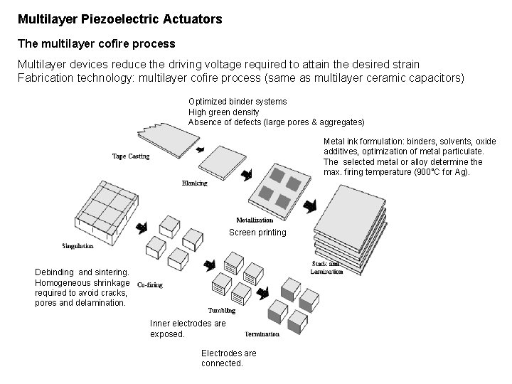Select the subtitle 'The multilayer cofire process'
click(96, 44)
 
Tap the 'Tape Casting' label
click(131, 156)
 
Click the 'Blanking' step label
click(194, 183)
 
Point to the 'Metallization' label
click(255, 220)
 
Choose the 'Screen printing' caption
click(257, 233)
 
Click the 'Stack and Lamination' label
click(326, 267)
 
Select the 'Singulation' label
click(78, 246)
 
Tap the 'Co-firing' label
click(149, 285)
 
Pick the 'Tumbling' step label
click(222, 310)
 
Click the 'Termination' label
click(262, 334)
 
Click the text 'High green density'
click(223, 112)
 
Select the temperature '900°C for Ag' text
click(439, 172)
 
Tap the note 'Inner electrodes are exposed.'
click(188, 329)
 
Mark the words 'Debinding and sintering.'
click(82, 272)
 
